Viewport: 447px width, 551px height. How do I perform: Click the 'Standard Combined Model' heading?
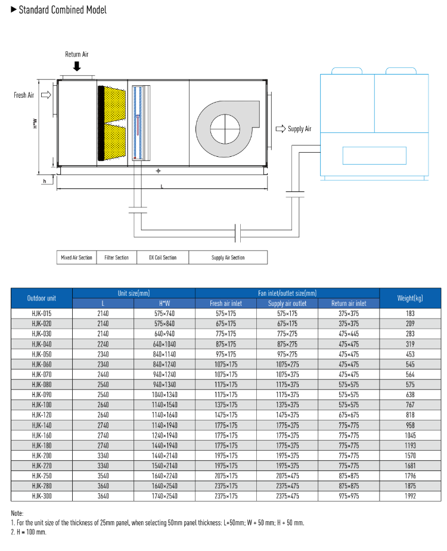click(62, 10)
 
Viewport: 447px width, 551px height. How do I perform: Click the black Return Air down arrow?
click(76, 66)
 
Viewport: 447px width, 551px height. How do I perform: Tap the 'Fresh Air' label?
click(24, 95)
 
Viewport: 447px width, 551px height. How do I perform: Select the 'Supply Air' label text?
click(299, 129)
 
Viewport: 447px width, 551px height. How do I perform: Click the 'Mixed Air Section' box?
click(76, 258)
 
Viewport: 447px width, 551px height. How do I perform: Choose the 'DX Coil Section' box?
click(162, 258)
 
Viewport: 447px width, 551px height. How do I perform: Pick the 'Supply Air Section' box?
click(228, 258)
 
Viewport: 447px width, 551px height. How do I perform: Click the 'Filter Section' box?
click(116, 258)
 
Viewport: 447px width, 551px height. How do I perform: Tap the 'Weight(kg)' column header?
click(409, 298)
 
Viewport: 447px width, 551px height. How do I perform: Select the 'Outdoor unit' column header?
click(42, 298)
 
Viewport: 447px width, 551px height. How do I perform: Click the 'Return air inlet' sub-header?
click(348, 303)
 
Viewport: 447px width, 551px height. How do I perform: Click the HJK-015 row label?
click(42, 313)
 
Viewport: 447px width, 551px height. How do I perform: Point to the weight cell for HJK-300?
click(409, 496)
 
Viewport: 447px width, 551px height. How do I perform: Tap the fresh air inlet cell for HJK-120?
click(226, 414)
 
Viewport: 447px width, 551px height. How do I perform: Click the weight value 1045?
click(409, 435)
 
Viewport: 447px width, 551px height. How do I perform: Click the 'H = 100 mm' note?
click(28, 531)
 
